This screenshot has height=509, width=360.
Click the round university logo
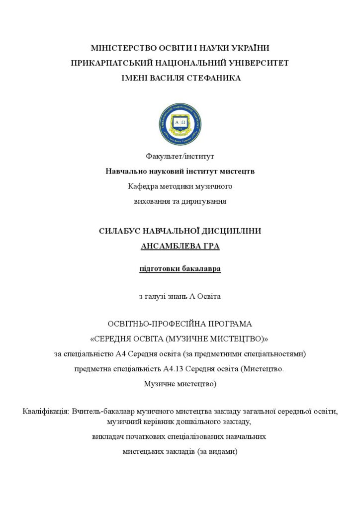coord(180,124)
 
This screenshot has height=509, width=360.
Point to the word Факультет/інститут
coord(180,157)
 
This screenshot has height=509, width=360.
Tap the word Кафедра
coord(142,186)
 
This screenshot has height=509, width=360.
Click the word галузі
coord(158,297)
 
